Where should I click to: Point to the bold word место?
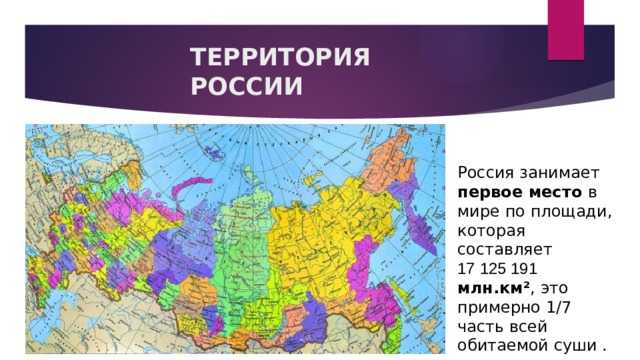(549, 191)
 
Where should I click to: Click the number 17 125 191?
(501, 268)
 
